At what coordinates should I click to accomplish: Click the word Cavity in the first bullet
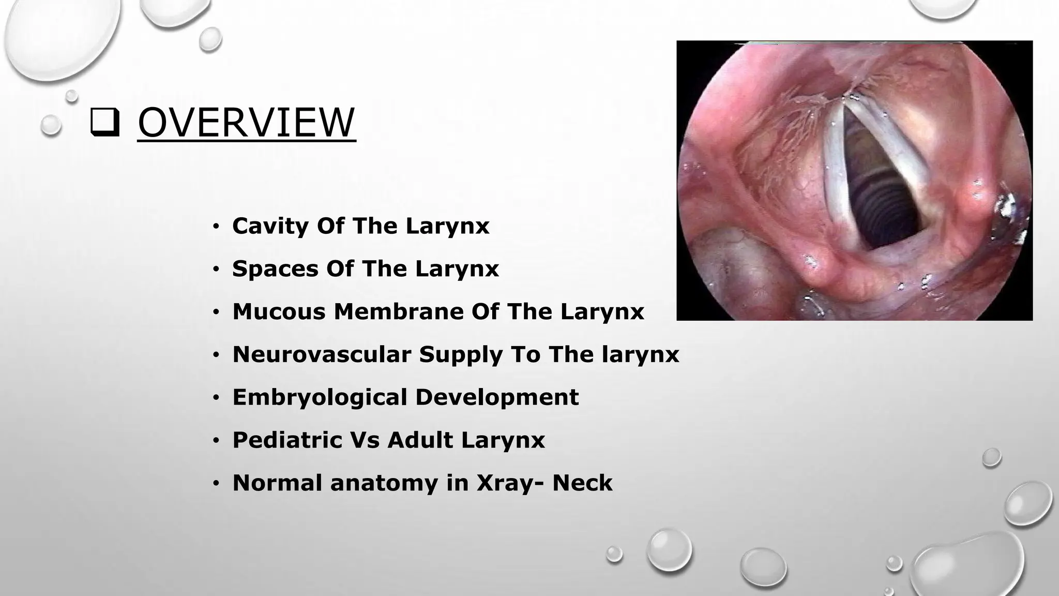(x=270, y=226)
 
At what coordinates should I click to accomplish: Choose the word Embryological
(x=319, y=397)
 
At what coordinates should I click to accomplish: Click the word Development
(x=497, y=397)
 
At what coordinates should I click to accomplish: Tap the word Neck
(x=582, y=483)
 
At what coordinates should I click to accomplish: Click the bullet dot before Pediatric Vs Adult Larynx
(x=216, y=441)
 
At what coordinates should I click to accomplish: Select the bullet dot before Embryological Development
(x=216, y=398)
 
